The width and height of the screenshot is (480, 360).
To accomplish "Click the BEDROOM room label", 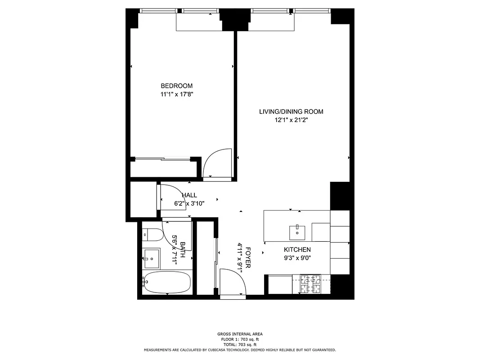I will click(x=177, y=86).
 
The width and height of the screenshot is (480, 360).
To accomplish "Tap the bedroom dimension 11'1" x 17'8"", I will click(x=177, y=94).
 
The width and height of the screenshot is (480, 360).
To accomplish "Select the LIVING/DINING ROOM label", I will click(x=291, y=112).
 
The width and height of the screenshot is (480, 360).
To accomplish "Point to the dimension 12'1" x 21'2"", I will click(x=291, y=120).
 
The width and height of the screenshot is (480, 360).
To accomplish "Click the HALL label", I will click(x=189, y=195).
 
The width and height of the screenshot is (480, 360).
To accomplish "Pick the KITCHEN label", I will click(x=297, y=250).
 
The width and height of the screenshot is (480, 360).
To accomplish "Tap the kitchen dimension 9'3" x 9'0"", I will click(x=297, y=258).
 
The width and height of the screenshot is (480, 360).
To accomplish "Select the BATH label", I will click(x=183, y=249).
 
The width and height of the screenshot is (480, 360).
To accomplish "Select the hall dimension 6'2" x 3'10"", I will click(x=189, y=203).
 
